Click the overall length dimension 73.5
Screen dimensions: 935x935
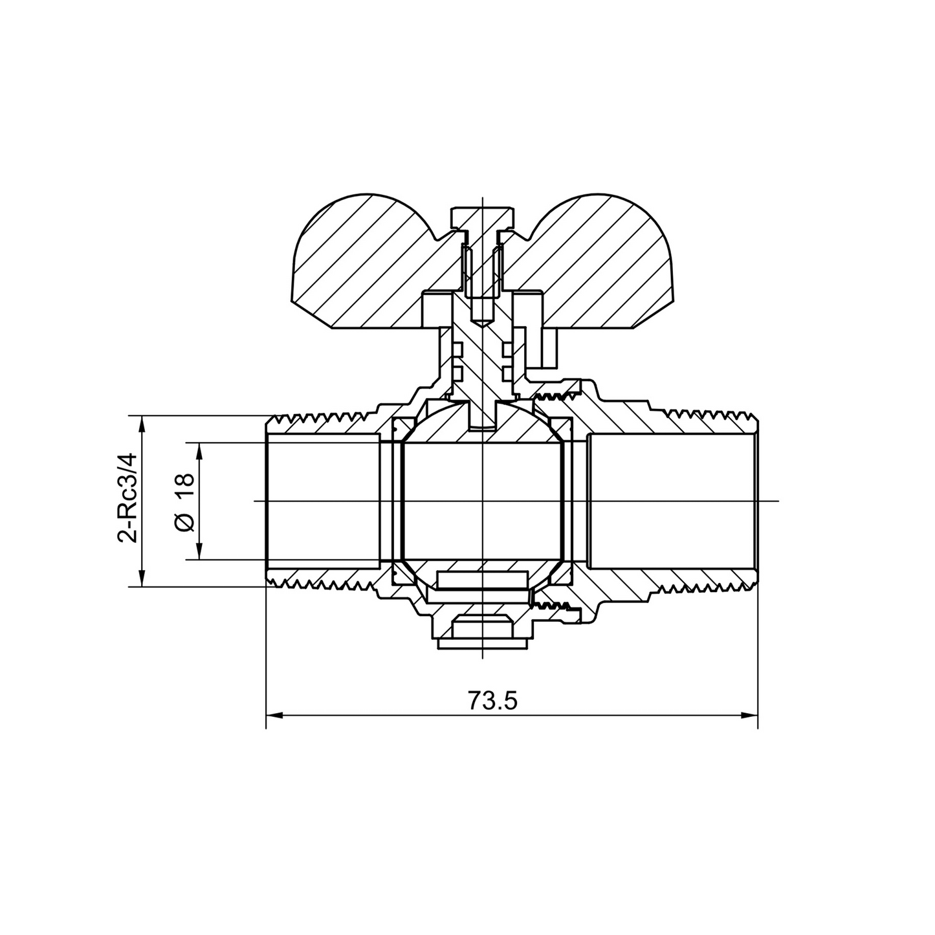click(x=492, y=701)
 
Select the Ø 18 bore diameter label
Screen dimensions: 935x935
click(x=185, y=501)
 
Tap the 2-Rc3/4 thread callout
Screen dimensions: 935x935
click(x=126, y=498)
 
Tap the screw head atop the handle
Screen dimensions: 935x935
click(x=484, y=217)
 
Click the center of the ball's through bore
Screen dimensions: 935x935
click(x=483, y=501)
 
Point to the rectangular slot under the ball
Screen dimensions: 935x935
click(x=483, y=580)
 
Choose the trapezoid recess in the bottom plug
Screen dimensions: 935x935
click(x=483, y=627)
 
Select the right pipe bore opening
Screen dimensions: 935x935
click(x=673, y=501)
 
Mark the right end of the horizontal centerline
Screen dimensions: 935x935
click(x=778, y=501)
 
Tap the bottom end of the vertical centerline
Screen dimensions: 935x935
click(x=483, y=657)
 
